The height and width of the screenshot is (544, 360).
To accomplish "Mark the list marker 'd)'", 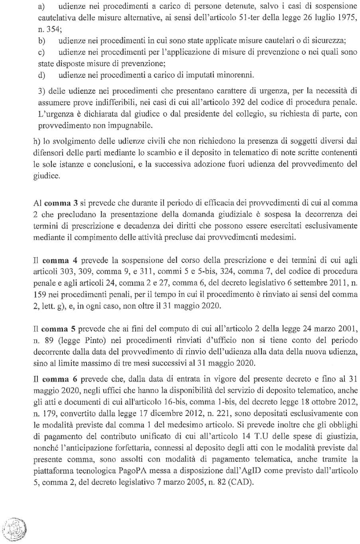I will tap(41, 75).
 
